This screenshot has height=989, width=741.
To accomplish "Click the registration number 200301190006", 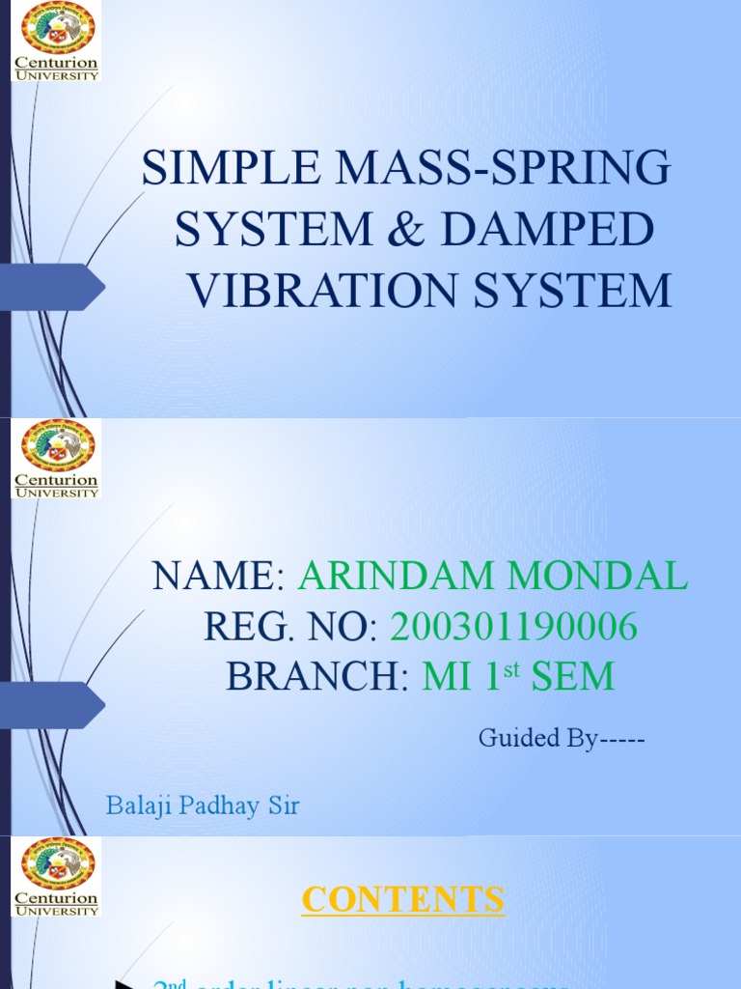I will tap(513, 627).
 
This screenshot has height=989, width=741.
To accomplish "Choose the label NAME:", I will tap(218, 577).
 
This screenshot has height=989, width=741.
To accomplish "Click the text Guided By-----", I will tap(561, 739).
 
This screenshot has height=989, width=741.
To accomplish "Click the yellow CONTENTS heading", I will tap(402, 899).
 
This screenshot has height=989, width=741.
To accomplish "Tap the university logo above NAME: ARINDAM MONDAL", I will tap(57, 458).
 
